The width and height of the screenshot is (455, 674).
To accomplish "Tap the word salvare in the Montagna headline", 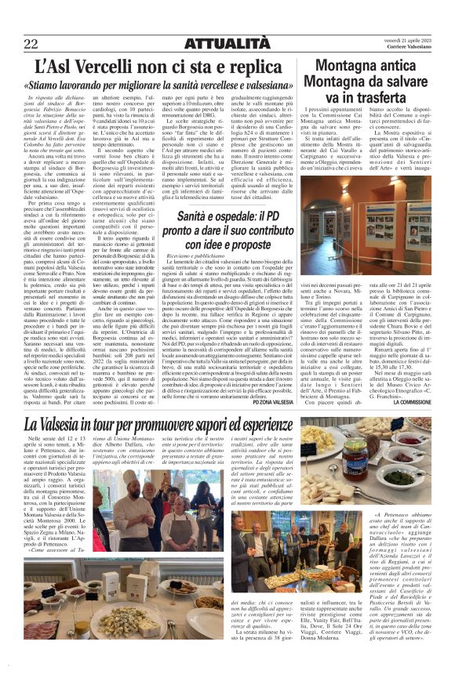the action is coord(409,79).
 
